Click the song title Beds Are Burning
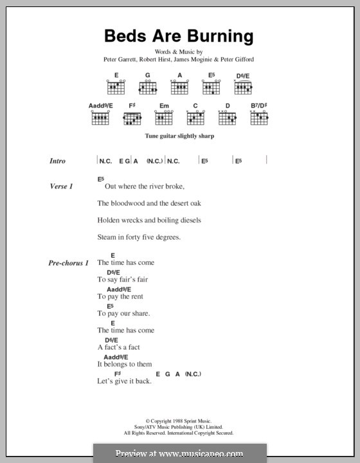point(180,35)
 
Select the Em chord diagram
point(163,117)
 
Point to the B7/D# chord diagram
point(259,117)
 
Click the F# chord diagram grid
point(132,117)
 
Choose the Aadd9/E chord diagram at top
point(100,117)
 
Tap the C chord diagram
point(195,117)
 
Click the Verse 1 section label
point(62,186)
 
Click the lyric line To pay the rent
point(120,296)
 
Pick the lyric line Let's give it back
point(124,381)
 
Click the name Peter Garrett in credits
point(120,60)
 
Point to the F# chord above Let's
point(118,373)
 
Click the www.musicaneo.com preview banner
point(180,453)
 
